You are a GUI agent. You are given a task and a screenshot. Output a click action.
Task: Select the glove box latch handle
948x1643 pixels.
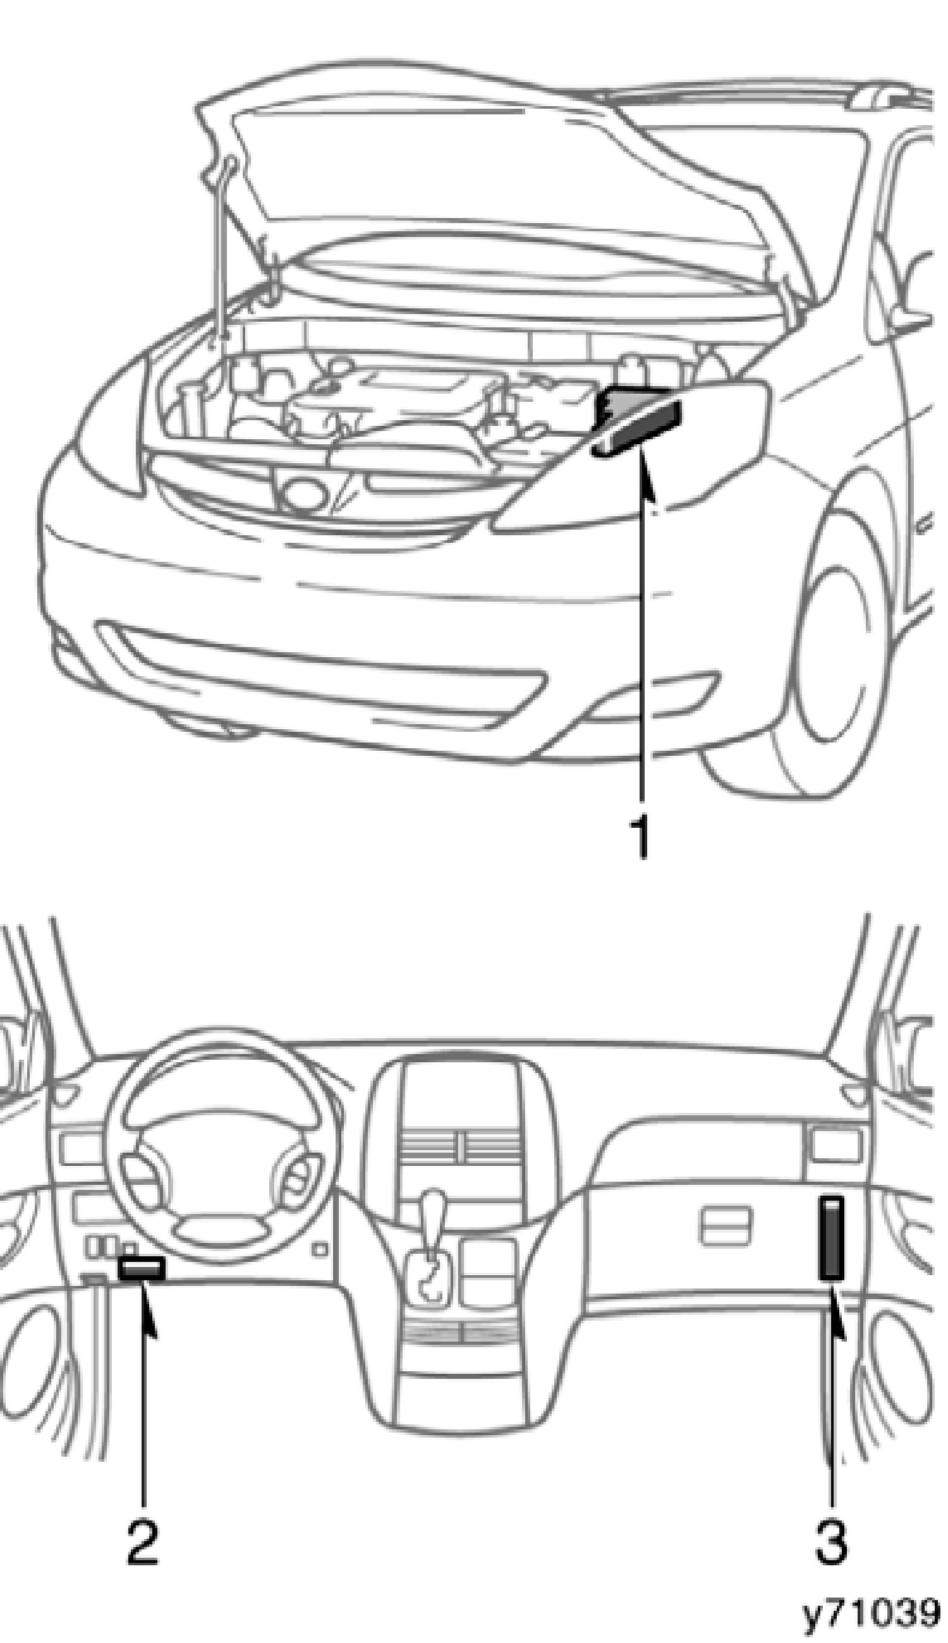(x=725, y=1225)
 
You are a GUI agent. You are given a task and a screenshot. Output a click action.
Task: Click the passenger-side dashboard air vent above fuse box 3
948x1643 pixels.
(x=836, y=1146)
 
